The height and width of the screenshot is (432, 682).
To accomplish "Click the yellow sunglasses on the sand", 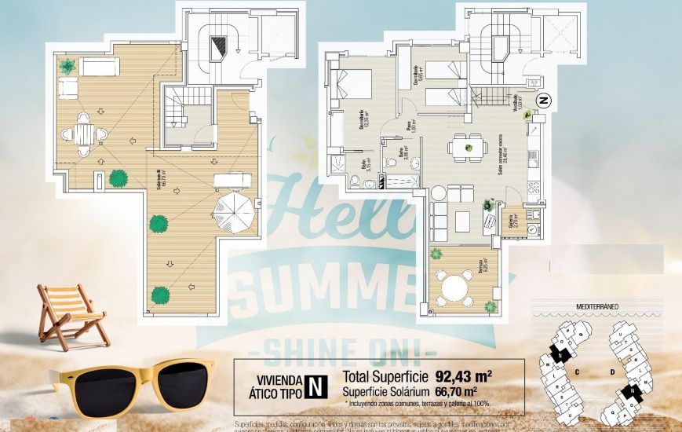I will tap(130, 385).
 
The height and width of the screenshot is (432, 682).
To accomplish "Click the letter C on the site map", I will tap(577, 372).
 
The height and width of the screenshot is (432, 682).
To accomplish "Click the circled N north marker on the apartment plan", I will tap(542, 101).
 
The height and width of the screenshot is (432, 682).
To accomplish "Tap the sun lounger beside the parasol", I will tap(232, 180).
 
